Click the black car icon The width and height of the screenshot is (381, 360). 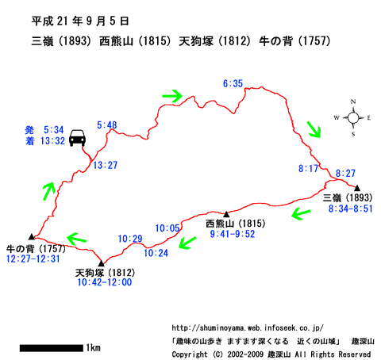pos(77,138)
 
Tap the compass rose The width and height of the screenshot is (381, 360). pos(353,117)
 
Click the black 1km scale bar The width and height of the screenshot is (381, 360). pos(52,348)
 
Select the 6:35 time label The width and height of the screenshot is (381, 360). pos(233,83)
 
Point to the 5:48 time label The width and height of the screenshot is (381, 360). pos(107,125)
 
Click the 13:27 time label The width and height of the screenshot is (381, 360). pos(105,165)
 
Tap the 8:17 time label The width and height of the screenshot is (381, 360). pos(308,168)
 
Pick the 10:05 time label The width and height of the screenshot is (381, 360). pos(167,228)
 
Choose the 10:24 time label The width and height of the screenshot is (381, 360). pos(156,253)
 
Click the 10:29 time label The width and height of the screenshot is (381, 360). pos(130,239)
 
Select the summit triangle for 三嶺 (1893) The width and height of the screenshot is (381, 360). pos(357,188)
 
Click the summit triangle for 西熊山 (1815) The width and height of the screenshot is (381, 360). pos(226,214)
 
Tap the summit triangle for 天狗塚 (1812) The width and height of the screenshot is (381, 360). pos(102,263)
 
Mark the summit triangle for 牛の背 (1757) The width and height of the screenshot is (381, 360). pos(32,236)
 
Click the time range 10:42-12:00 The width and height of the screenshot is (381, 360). pos(105,282)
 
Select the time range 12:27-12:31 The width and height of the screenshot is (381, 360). pos(33,259)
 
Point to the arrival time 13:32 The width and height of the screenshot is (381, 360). pos(52,141)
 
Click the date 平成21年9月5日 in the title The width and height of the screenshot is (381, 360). pos(80,21)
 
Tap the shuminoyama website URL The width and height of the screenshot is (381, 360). pos(248,328)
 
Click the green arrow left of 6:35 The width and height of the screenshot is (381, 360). pos(172,96)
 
